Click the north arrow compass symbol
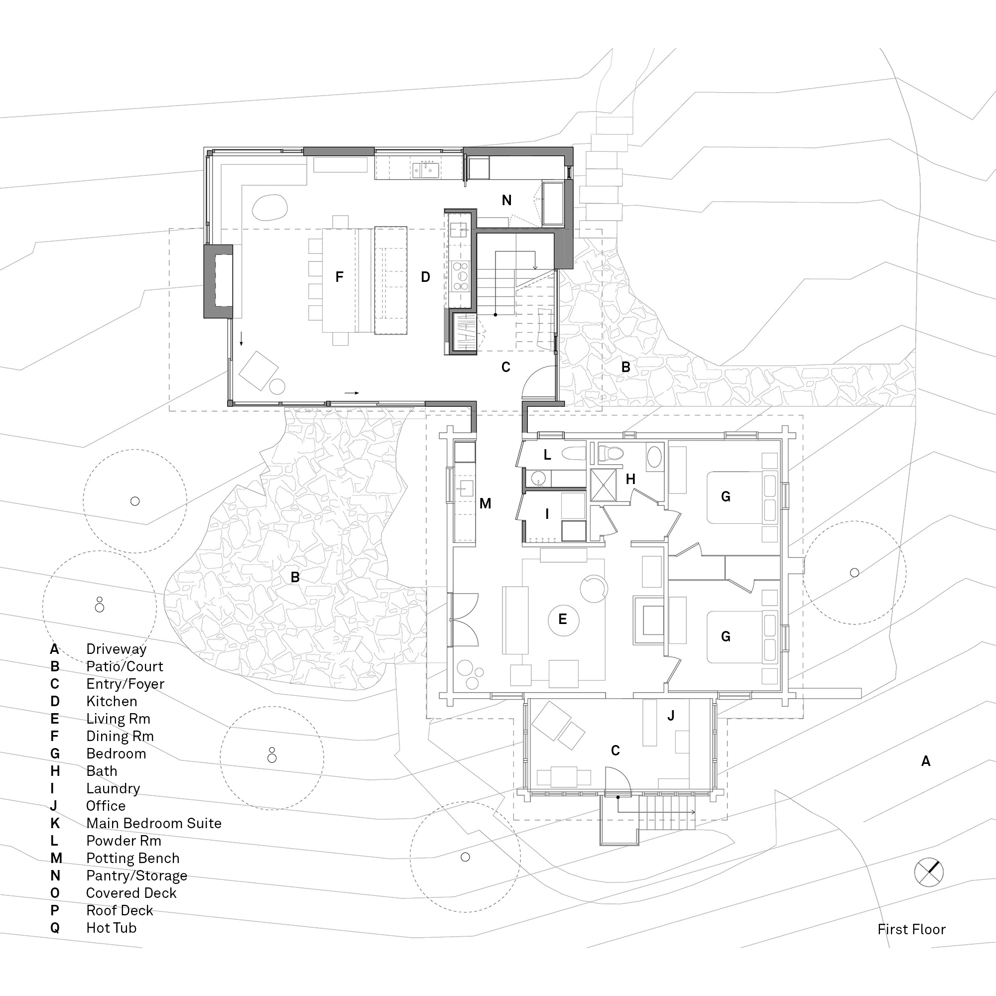pyautogui.click(x=928, y=872)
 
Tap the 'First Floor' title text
pyautogui.click(x=911, y=929)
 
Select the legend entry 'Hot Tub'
pyautogui.click(x=111, y=927)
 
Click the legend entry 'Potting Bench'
pyautogui.click(x=132, y=858)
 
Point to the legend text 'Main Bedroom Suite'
pyautogui.click(x=153, y=823)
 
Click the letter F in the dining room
pyautogui.click(x=339, y=277)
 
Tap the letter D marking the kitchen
pyautogui.click(x=425, y=277)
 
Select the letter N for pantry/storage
pyautogui.click(x=507, y=200)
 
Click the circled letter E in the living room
pyautogui.click(x=563, y=619)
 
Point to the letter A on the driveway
pyautogui.click(x=926, y=761)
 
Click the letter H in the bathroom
pyautogui.click(x=630, y=479)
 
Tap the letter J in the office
pyautogui.click(x=671, y=716)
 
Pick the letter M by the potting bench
pyautogui.click(x=485, y=503)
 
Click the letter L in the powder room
pyautogui.click(x=547, y=455)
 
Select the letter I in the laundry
pyautogui.click(x=547, y=513)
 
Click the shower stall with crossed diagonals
pyautogui.click(x=603, y=485)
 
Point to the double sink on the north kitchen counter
pyautogui.click(x=425, y=169)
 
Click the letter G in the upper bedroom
pyautogui.click(x=726, y=497)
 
